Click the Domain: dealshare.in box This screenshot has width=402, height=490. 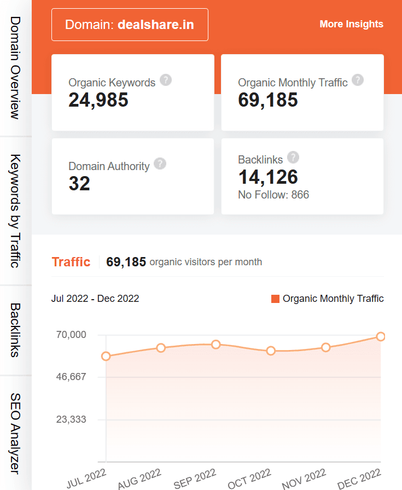tap(130, 25)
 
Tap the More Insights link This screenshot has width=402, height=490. tap(351, 24)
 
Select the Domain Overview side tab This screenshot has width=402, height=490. tap(15, 68)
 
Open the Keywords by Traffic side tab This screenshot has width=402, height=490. tap(15, 211)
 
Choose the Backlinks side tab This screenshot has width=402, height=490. tap(15, 330)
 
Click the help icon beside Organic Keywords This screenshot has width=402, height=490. tap(166, 80)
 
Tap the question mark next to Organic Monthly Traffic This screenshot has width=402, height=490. tap(358, 80)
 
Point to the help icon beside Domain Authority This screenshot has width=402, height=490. tap(160, 164)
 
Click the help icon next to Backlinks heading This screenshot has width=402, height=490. tap(293, 157)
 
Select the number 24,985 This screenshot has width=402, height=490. tap(98, 100)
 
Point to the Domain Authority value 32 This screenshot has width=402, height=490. tap(79, 184)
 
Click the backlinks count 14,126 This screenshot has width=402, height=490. tap(268, 177)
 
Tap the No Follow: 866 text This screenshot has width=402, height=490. tap(273, 195)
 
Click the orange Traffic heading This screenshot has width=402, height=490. tap(71, 262)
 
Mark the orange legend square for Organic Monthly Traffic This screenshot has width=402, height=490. tap(275, 299)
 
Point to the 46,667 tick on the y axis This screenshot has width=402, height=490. tap(71, 377)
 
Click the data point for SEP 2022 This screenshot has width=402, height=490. tap(215, 345)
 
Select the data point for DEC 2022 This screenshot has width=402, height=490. tap(381, 336)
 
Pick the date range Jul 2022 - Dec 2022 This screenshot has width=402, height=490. tap(95, 299)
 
